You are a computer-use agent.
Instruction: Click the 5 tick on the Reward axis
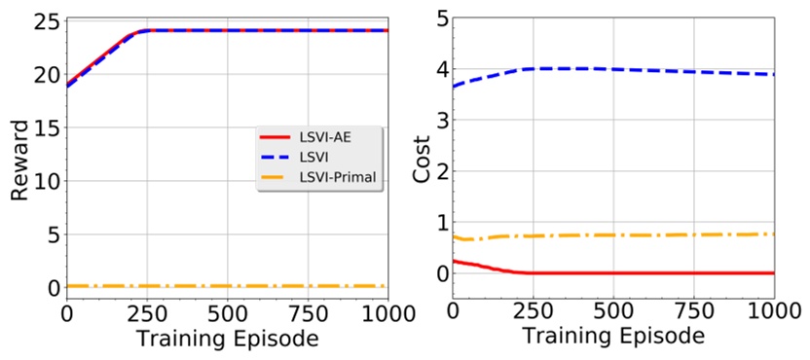51,234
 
